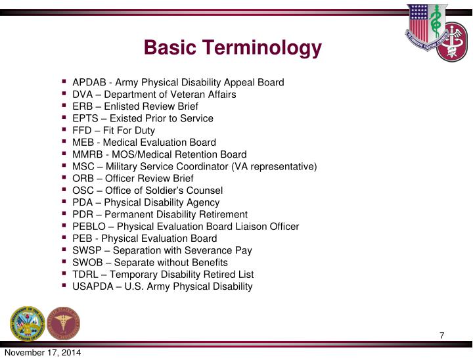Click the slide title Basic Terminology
click(233, 48)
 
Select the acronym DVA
click(82, 95)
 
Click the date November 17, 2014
click(43, 354)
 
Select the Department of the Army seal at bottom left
click(26, 323)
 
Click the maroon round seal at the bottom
click(64, 323)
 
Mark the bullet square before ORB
click(64, 178)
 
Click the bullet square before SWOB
click(64, 261)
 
